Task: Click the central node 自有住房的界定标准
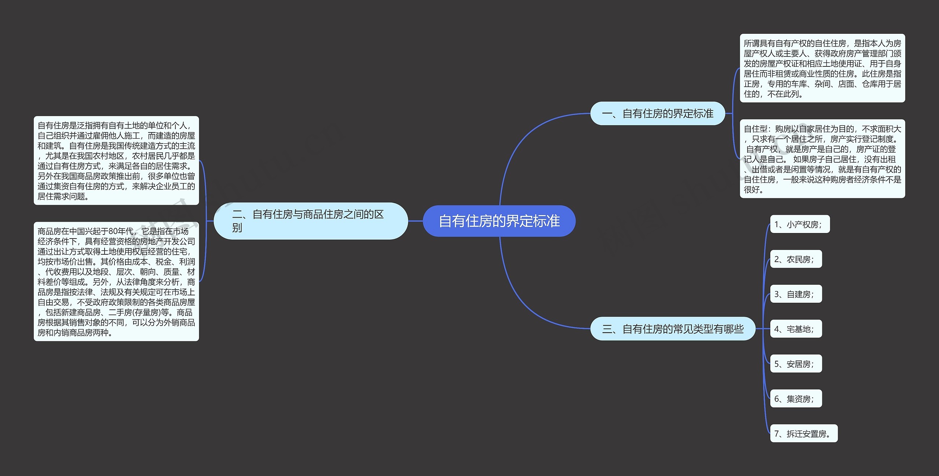click(499, 221)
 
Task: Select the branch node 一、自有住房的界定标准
click(657, 114)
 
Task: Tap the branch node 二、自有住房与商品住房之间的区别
click(310, 221)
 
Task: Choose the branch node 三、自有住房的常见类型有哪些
click(673, 329)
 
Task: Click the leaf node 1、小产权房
click(800, 224)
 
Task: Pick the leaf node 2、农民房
click(796, 259)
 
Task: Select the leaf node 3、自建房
click(796, 294)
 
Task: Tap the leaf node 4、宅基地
click(796, 329)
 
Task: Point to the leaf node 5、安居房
click(796, 364)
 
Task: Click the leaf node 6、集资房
click(796, 399)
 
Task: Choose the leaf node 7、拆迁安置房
click(803, 433)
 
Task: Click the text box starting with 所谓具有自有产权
click(822, 68)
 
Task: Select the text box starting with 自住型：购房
click(822, 159)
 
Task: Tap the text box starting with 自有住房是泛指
click(116, 161)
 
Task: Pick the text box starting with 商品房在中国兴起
click(116, 281)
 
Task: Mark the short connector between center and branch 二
click(415, 221)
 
